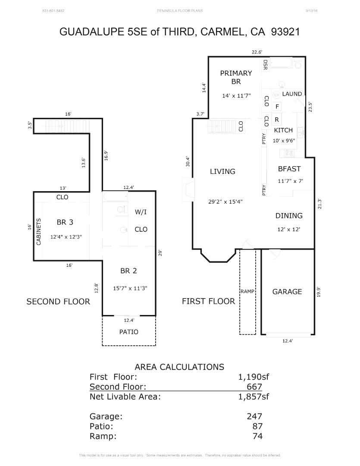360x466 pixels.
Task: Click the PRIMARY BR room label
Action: click(x=236, y=77)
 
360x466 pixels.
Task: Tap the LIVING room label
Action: click(x=222, y=171)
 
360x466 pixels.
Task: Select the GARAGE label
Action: click(x=287, y=292)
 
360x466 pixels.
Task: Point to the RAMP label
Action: click(x=247, y=291)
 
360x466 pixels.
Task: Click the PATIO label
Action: click(x=129, y=332)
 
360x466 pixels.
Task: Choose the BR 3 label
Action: click(x=65, y=222)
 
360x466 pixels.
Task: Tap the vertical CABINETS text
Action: click(x=38, y=232)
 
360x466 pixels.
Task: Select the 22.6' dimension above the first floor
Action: click(x=257, y=52)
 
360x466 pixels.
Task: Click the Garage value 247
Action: click(x=254, y=416)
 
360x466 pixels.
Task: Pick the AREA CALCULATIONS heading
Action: click(x=179, y=367)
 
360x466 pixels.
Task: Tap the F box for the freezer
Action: click(x=277, y=107)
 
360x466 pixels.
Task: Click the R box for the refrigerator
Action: click(x=277, y=120)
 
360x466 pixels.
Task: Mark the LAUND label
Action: click(x=292, y=94)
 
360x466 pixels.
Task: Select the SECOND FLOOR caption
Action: click(x=58, y=302)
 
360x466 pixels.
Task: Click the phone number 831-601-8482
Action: click(x=54, y=10)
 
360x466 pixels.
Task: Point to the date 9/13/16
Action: click(x=311, y=10)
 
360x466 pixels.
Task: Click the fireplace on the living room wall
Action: click(x=188, y=190)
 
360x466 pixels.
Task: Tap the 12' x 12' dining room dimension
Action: click(x=289, y=230)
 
